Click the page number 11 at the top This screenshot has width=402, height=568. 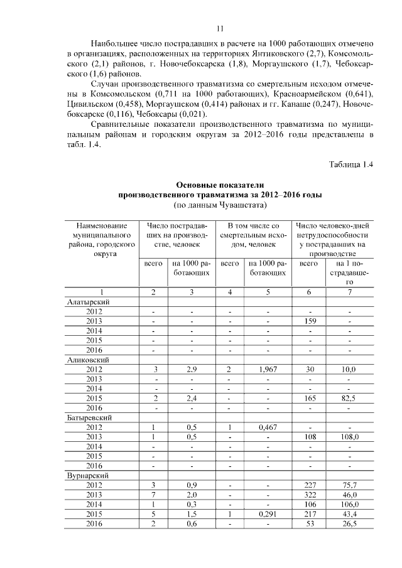coord(220,28)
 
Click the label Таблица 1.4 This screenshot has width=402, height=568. coord(351,164)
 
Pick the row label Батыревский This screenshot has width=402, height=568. coord(90,418)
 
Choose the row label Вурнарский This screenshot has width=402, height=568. coord(89,476)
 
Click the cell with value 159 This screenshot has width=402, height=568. coord(309,321)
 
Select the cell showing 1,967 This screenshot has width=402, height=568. coord(268,370)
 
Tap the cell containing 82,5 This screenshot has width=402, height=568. coord(349,399)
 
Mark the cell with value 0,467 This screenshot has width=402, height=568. coord(268,427)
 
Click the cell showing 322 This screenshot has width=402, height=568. coord(309,495)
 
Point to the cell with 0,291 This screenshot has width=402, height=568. coord(268,515)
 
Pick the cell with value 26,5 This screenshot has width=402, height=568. coord(349,524)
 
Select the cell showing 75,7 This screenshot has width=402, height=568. coord(349,486)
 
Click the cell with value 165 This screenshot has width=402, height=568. coord(309,399)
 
